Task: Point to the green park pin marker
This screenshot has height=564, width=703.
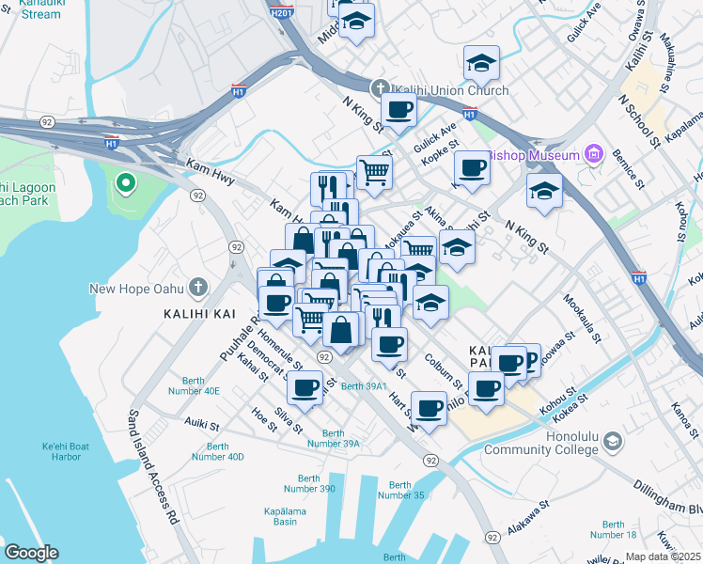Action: [124, 182]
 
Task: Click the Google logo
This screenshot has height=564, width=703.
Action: [31, 553]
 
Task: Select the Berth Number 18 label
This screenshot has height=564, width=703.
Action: [614, 529]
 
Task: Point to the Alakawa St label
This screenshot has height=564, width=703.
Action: [528, 520]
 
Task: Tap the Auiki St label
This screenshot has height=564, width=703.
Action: [201, 422]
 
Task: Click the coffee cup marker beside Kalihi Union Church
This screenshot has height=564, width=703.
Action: [398, 110]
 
